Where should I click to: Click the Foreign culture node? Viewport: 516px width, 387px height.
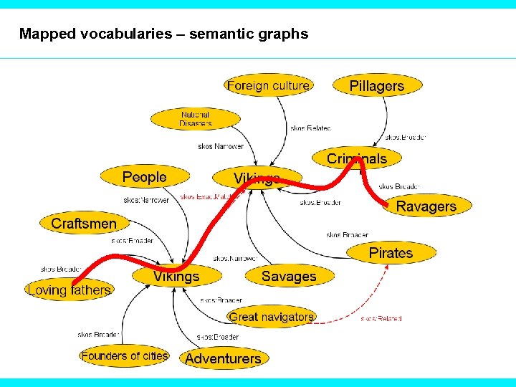[268, 86]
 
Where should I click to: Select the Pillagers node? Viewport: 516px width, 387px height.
[377, 86]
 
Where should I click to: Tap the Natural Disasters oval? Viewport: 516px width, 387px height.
[196, 119]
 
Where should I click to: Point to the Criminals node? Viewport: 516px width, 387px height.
[357, 159]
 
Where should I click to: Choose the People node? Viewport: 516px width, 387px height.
[144, 177]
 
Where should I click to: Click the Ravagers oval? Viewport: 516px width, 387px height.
[426, 206]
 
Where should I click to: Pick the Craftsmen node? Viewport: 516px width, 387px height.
[84, 224]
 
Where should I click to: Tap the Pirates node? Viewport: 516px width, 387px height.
[391, 252]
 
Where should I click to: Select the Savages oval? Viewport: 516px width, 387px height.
[289, 276]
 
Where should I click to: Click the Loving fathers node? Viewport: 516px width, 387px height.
[70, 290]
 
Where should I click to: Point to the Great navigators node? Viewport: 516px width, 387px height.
[272, 316]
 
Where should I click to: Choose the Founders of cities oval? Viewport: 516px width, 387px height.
[125, 355]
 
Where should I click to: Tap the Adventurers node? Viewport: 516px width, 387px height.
[223, 358]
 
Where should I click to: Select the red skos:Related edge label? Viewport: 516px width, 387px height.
[381, 318]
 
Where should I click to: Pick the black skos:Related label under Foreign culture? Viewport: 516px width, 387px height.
[310, 128]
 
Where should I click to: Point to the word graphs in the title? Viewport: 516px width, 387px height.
[286, 34]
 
